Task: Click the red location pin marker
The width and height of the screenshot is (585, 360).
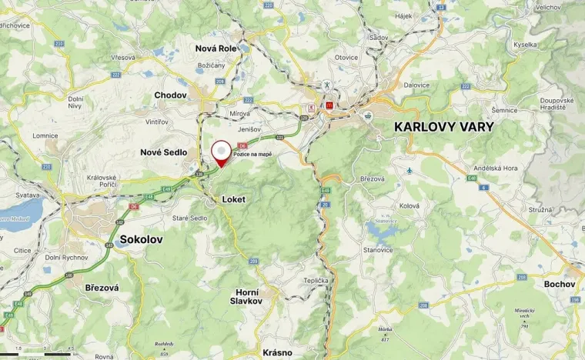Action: click(x=222, y=152)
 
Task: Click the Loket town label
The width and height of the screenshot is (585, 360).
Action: click(x=233, y=198)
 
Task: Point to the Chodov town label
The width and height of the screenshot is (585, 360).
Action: click(x=170, y=95)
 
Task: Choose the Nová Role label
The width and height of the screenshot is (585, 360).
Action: click(x=216, y=48)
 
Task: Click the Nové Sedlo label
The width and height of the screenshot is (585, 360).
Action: click(x=163, y=152)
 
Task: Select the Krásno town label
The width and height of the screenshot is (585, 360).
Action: click(x=277, y=352)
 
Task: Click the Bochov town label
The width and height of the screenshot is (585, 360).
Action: click(x=560, y=284)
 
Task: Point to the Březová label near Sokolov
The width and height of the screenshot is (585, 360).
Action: click(x=97, y=287)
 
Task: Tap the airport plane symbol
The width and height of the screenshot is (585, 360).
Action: click(x=410, y=170)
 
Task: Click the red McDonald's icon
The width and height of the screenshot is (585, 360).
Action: click(x=329, y=105)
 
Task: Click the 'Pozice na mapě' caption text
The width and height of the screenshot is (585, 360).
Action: click(x=252, y=154)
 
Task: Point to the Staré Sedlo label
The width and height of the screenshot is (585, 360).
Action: click(x=189, y=218)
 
